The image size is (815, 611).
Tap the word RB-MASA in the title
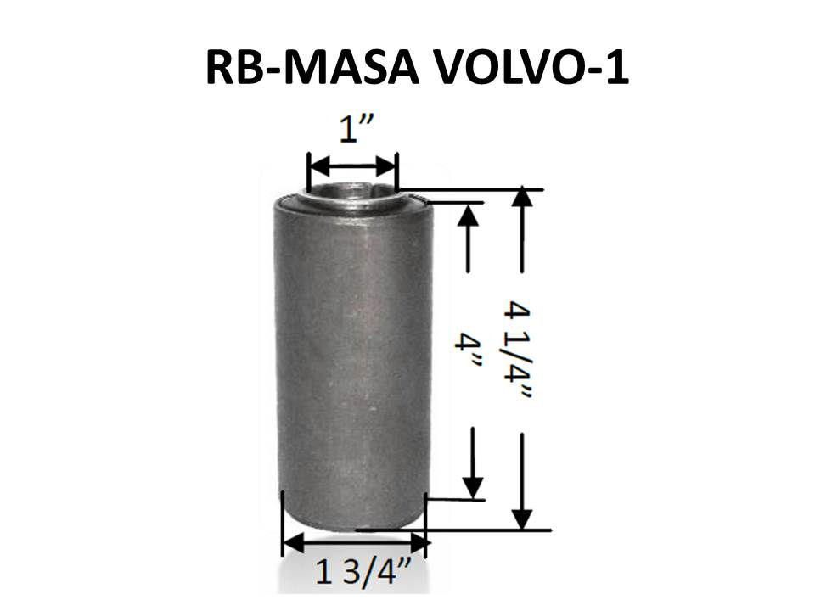pos(312,68)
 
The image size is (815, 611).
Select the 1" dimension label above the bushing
pos(357,129)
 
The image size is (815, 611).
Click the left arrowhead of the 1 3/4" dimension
pos(293,543)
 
